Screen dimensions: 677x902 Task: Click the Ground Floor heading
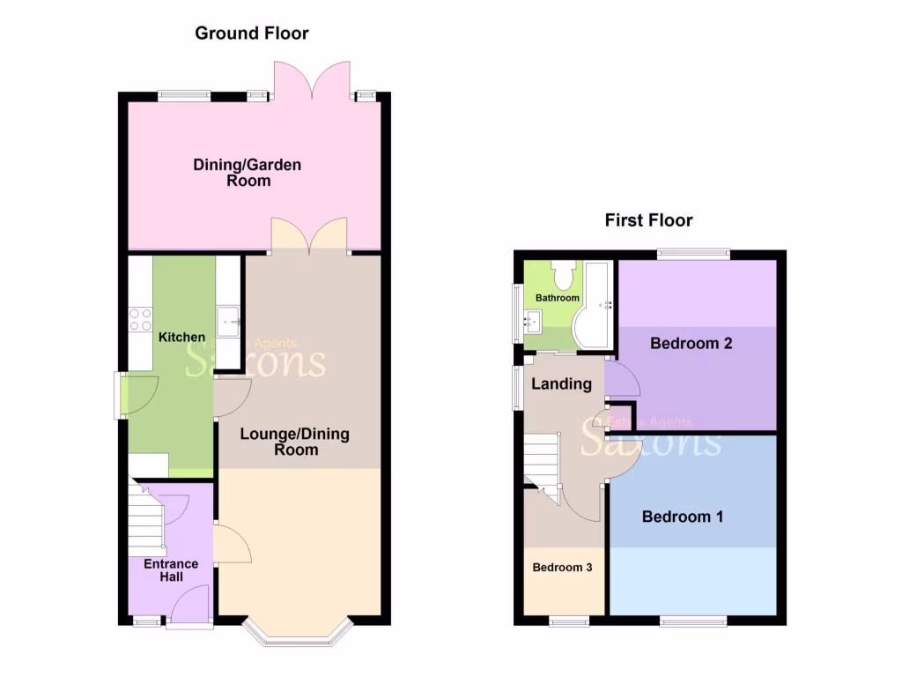coord(251,33)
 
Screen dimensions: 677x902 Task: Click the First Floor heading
coord(648,220)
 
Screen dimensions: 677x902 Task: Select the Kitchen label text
coord(181,337)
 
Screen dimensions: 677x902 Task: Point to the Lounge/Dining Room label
coord(294,441)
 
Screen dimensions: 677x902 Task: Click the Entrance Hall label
coord(171,569)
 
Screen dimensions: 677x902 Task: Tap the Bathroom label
coord(558,298)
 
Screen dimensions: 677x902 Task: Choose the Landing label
coord(562,383)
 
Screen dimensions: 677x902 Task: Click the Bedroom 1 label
coord(683,517)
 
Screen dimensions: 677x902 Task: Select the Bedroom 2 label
coord(691,343)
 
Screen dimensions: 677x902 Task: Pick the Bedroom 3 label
coord(562,568)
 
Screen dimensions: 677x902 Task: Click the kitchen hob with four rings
coord(140,318)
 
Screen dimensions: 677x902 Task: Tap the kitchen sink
coord(228,321)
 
